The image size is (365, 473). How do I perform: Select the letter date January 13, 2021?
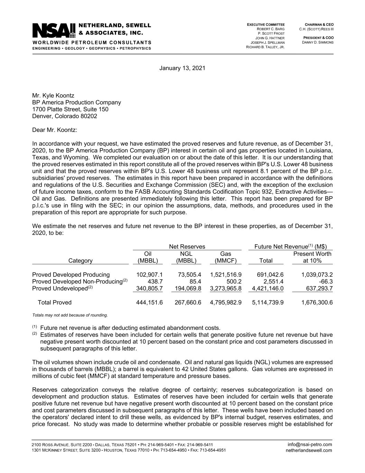tap(182, 68)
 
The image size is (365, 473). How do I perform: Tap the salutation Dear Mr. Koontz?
tap(55, 130)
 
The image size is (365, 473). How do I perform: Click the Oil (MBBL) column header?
tap(148, 257)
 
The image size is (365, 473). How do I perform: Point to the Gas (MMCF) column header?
tap(226, 257)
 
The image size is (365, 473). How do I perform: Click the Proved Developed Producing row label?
tap(71, 275)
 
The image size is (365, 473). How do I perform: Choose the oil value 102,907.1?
tap(149, 275)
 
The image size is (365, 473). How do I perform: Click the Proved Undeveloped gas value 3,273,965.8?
tap(226, 288)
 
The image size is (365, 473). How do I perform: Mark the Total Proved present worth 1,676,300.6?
tap(317, 303)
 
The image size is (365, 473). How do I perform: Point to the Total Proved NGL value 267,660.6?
tap(188, 303)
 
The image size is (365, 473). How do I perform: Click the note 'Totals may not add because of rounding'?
tap(70, 315)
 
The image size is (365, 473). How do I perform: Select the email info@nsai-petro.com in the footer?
tap(310, 445)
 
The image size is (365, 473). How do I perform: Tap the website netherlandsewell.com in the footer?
tap(309, 450)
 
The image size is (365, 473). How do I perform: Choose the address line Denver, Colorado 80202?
tap(65, 116)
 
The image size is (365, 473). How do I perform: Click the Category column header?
tap(80, 261)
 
